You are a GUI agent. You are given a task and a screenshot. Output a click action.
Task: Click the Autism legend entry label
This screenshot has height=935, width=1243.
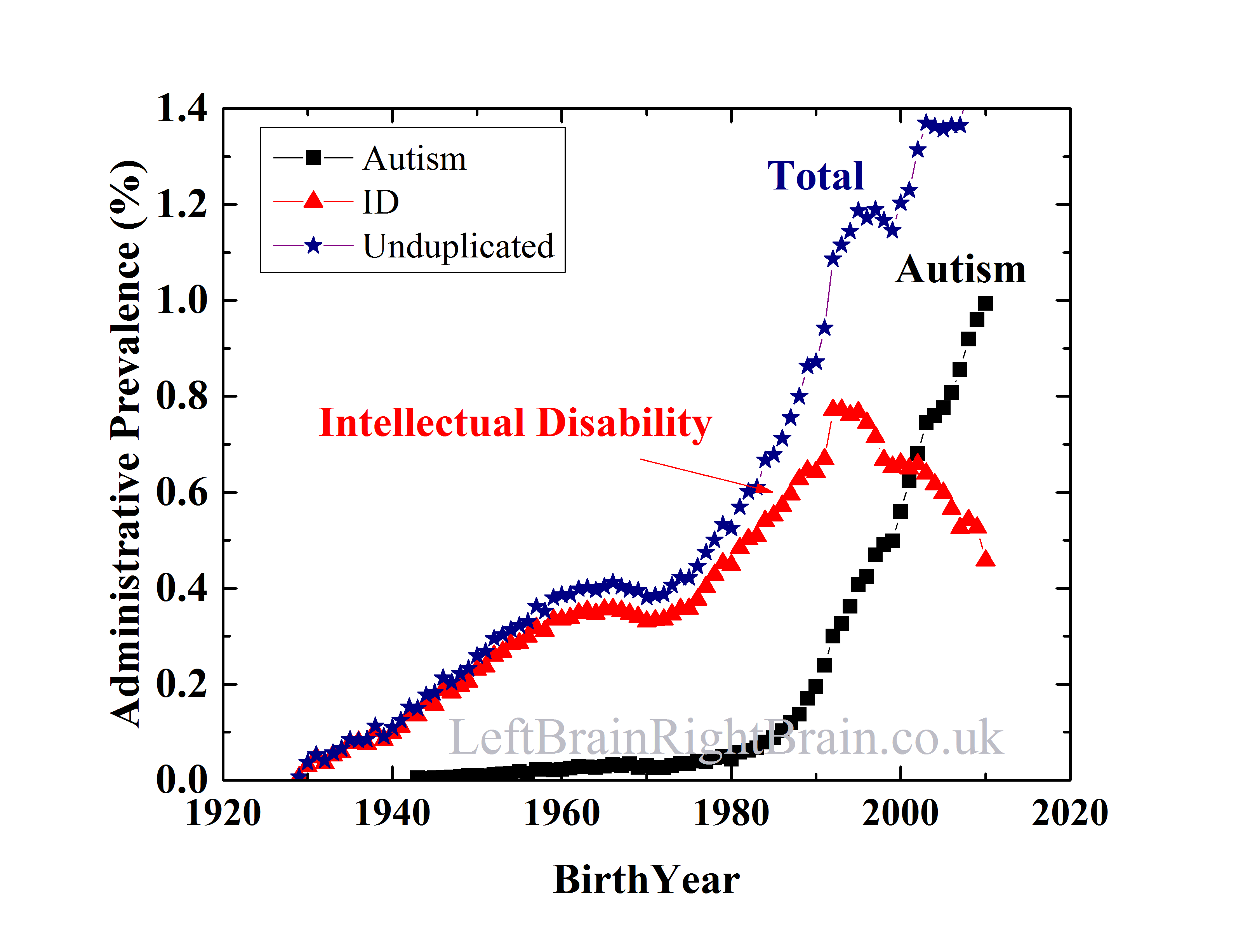[x=414, y=159]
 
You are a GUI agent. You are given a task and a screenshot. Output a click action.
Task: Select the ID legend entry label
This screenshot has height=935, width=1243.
[x=381, y=202]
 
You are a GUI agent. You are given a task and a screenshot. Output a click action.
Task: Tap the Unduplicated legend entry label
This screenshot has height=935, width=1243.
[x=458, y=246]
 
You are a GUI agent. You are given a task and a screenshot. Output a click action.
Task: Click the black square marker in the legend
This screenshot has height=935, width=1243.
[x=313, y=158]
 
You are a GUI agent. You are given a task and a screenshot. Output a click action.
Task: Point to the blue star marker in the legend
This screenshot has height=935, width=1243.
[x=313, y=245]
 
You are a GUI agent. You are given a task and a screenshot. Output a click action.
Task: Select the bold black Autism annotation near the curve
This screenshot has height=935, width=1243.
[x=960, y=270]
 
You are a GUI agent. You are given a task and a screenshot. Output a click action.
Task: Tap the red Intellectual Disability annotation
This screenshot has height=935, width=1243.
[x=515, y=423]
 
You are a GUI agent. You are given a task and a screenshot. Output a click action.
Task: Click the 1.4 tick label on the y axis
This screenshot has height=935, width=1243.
[x=181, y=108]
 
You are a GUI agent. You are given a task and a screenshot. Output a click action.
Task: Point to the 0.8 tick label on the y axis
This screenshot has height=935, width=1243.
[x=181, y=396]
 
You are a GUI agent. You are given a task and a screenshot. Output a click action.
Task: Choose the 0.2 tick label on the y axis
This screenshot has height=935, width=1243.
[x=181, y=685]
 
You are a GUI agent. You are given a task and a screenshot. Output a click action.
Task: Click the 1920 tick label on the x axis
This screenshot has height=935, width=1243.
[x=223, y=813]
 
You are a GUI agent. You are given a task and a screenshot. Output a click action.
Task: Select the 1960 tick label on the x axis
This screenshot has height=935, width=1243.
[x=562, y=813]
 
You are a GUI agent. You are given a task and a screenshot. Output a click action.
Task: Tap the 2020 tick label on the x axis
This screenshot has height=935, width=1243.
[x=1069, y=813]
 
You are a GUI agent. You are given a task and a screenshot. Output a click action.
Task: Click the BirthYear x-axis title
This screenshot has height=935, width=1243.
[x=646, y=880]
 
